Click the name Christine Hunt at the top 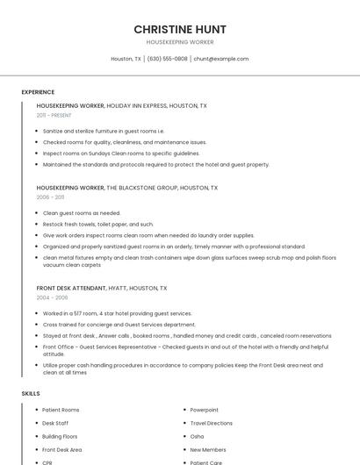coord(179,29)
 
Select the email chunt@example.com coord(220,59)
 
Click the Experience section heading coord(38,92)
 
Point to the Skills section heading coord(31,393)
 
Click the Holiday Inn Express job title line coord(121,105)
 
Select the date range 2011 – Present coord(54,115)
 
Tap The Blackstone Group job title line coord(126,188)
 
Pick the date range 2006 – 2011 coord(52,197)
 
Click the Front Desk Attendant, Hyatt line coord(101,288)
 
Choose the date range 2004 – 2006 coord(52,297)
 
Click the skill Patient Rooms coord(61,410)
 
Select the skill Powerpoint coord(205,410)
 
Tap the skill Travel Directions coord(212,423)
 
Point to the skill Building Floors coord(60,436)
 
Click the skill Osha coord(197,436)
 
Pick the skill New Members coord(208,449)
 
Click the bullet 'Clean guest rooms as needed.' coord(82,213)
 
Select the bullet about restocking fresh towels coord(97,224)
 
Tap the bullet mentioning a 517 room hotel coord(117,313)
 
